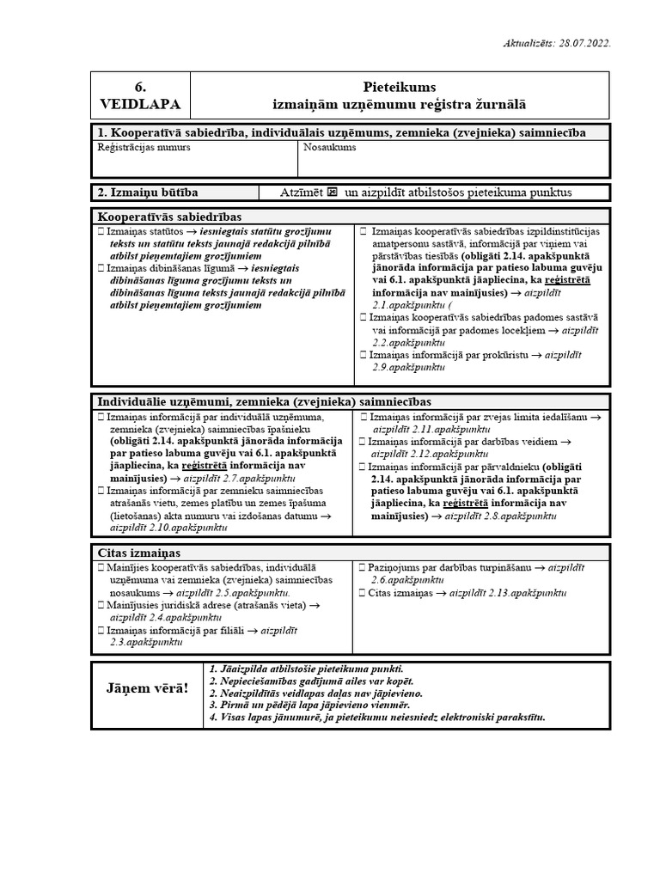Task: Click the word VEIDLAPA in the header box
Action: tap(140, 104)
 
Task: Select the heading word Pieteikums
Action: tap(400, 87)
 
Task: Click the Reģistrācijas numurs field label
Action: tap(144, 147)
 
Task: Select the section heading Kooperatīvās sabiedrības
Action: tap(170, 216)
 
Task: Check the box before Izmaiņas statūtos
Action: tap(101, 232)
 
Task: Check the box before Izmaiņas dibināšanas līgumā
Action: tap(101, 269)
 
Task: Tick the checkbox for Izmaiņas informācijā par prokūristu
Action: tap(364, 354)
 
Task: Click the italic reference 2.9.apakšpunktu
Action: tap(409, 367)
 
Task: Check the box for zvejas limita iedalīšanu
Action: tap(364, 417)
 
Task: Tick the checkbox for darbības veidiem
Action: tap(364, 442)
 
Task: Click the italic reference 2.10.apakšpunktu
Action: tap(168, 528)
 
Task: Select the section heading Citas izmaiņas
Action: tap(140, 553)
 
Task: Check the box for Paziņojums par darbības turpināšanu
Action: tap(364, 568)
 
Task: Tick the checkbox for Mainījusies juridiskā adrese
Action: tap(101, 605)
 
